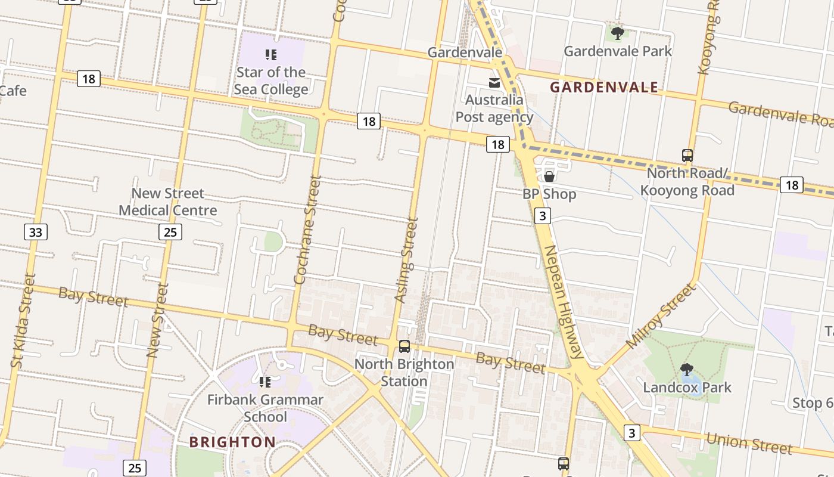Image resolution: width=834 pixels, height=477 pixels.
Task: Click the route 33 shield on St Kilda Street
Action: point(36,232)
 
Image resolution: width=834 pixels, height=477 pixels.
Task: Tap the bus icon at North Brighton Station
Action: point(404,346)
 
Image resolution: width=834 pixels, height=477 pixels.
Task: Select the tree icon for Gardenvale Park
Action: point(618,33)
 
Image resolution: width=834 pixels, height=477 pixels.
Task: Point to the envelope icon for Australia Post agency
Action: point(494,82)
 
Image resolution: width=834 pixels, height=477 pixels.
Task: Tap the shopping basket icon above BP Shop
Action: point(549,176)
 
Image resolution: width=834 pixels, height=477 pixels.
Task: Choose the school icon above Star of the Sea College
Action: point(271,55)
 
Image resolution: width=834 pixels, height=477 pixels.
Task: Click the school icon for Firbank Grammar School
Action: point(265,382)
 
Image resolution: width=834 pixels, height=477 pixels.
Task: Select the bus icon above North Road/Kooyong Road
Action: point(687,156)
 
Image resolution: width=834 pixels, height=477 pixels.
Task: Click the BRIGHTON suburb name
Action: point(232,442)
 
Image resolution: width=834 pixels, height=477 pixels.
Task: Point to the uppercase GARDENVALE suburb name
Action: point(604,88)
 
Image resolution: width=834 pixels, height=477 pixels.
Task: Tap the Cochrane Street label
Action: point(308,230)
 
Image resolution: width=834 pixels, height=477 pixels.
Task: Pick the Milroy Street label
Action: point(661,316)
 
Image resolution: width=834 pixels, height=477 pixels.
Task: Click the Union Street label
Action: point(749,443)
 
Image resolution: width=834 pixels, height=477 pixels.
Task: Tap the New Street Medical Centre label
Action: point(167,202)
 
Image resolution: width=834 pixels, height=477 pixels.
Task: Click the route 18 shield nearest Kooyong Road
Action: point(791,185)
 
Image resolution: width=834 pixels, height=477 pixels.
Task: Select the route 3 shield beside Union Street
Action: point(632,432)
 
